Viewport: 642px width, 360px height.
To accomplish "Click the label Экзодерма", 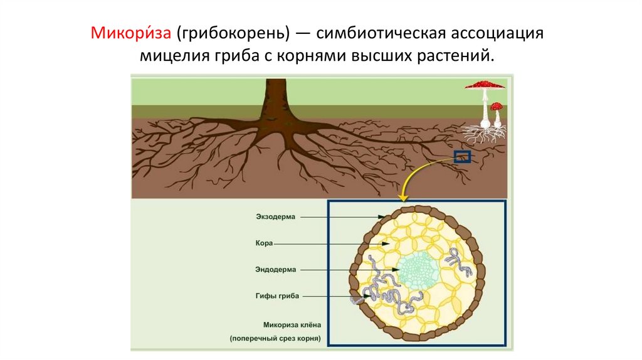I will click(275, 217).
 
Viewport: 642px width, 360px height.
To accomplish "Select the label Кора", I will click(263, 243).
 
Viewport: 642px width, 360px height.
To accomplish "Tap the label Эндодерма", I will click(275, 269).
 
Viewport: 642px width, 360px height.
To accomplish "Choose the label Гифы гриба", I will click(277, 295).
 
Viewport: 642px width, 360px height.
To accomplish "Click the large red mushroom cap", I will click(484, 84).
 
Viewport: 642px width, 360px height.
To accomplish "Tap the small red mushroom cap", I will click(497, 106).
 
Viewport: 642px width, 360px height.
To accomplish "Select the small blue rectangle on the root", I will click(462, 156).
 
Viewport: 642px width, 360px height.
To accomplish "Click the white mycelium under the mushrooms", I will click(483, 133).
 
